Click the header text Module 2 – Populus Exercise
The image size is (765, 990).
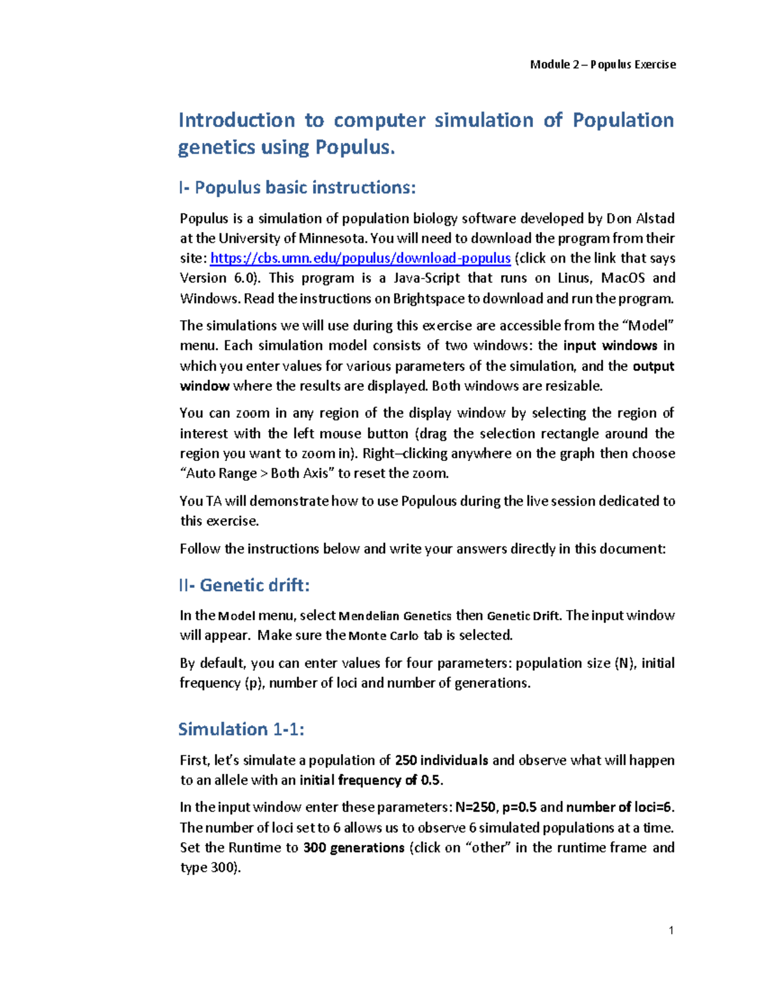click(602, 64)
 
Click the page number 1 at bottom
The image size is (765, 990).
click(671, 930)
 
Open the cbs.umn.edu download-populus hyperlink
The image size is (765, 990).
click(360, 258)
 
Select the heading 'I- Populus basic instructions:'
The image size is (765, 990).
click(297, 187)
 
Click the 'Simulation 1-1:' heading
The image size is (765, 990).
click(241, 729)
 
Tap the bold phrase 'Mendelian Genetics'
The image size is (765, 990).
click(395, 616)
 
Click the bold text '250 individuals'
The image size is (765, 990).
click(441, 760)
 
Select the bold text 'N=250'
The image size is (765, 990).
click(476, 807)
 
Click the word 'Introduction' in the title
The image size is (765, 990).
click(237, 120)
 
